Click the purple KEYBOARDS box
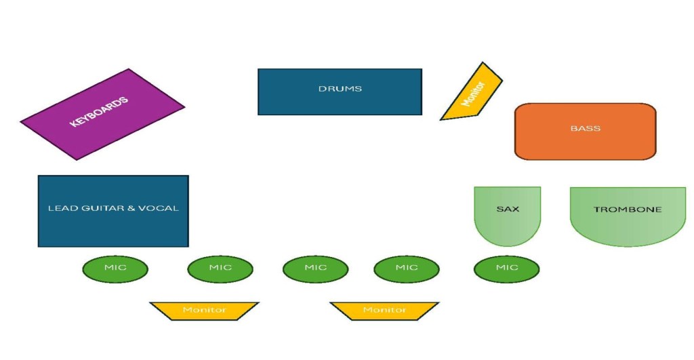point(102,114)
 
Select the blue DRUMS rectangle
point(340,92)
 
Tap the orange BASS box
point(585,132)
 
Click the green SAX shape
point(508,214)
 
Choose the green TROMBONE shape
point(628,214)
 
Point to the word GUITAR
point(96,208)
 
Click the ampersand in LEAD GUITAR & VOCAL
point(131,208)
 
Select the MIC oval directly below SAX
point(506,268)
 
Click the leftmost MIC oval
point(115,268)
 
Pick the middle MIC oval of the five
point(315,268)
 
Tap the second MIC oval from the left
point(220,268)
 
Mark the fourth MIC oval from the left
point(407,268)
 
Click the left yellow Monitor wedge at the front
point(204,310)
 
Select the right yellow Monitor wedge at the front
point(384,310)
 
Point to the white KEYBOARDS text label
point(99,113)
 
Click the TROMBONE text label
point(628,209)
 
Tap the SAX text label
point(508,209)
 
